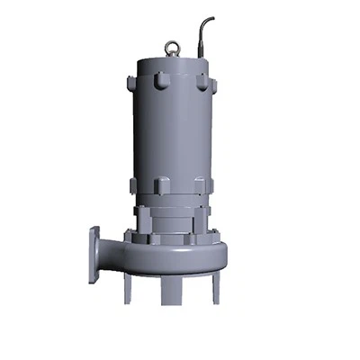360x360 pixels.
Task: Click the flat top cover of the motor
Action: pyautogui.click(x=171, y=59)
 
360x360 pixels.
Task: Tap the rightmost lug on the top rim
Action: pyautogui.click(x=213, y=85)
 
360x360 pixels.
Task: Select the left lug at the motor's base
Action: pyautogui.click(x=133, y=185)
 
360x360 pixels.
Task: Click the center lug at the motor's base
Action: pyautogui.click(x=163, y=186)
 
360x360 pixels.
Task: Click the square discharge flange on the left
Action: pyautogui.click(x=94, y=255)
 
